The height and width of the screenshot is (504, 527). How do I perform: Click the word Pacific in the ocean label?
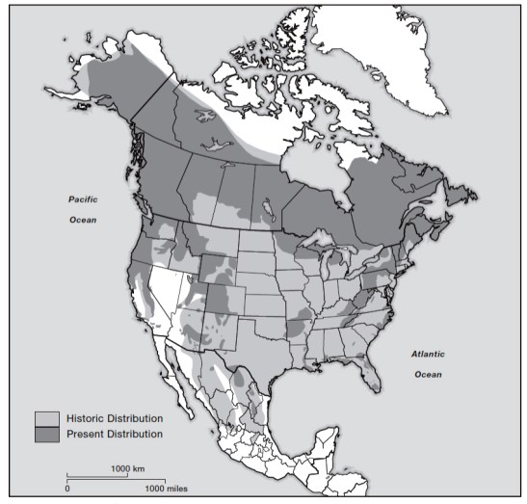coord(85,199)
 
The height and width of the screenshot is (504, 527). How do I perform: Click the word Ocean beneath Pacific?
coord(85,218)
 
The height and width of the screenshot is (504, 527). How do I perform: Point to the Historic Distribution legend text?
coord(114,419)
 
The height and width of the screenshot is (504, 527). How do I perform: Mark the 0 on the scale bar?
coord(67,490)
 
